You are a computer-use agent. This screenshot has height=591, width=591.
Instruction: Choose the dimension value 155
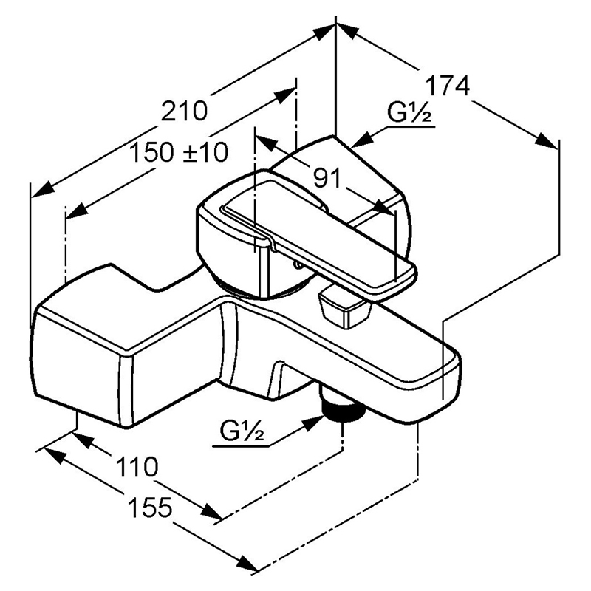click(x=150, y=508)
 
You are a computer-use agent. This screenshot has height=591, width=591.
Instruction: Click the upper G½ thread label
click(x=411, y=115)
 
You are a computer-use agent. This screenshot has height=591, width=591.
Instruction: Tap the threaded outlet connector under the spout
click(x=342, y=409)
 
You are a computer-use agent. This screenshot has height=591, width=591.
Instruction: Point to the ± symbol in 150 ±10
click(x=189, y=153)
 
